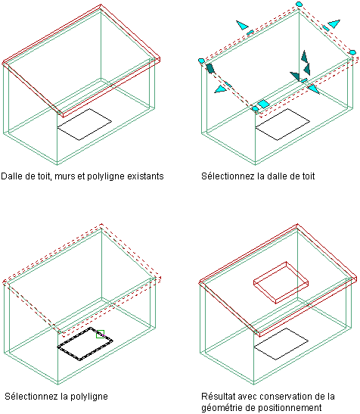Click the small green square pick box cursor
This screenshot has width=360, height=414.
[100, 334]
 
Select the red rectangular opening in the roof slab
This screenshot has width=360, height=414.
[281, 282]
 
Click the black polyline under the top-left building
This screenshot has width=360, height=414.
[85, 124]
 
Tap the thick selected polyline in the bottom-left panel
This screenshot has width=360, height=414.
[85, 344]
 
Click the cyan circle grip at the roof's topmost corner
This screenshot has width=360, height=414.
[299, 4]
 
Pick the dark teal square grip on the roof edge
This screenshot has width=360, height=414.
[210, 68]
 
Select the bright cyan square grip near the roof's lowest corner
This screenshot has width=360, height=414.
[263, 104]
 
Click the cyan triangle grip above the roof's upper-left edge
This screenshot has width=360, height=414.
[242, 25]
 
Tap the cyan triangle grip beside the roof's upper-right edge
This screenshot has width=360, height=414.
[334, 23]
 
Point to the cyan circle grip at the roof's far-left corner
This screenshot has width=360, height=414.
[201, 61]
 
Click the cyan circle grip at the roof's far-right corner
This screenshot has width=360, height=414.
[352, 52]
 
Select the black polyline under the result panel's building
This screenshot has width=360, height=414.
[281, 344]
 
